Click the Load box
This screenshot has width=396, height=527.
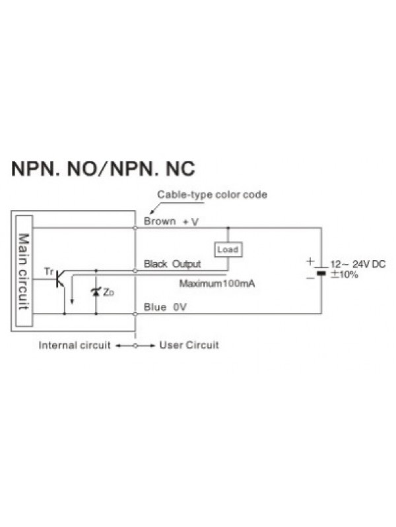pos(228,250)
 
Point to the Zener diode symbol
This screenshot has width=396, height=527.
pos(96,291)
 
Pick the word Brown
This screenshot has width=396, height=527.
pos(160,221)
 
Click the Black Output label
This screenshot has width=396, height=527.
pos(172,264)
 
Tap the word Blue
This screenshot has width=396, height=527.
pos(154,307)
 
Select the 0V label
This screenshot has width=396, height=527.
pos(181,307)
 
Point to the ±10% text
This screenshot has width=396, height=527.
pos(344,274)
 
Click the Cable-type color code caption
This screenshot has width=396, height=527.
pos(211,195)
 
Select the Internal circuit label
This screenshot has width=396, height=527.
pos(75,345)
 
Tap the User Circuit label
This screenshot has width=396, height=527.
pos(189,345)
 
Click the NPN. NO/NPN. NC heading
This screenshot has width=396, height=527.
pos(103,169)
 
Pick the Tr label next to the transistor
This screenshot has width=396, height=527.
pos(48,271)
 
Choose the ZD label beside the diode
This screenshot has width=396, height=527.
pos(109,291)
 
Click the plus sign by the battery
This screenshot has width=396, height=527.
pos(310,262)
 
